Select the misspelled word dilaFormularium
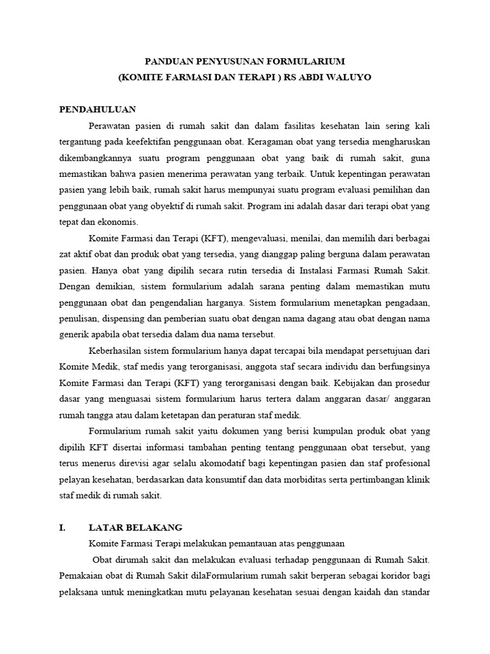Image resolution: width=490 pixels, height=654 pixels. click(218, 576)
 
